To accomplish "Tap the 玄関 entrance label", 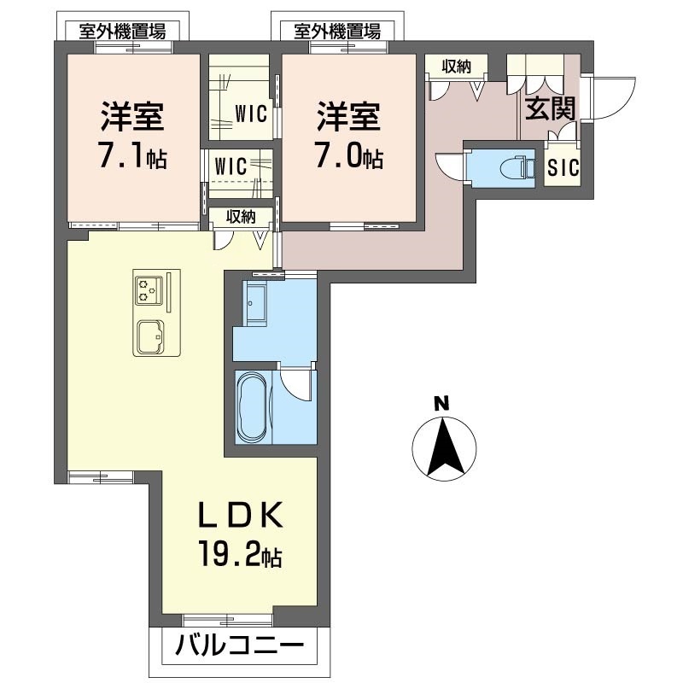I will tap(549, 108).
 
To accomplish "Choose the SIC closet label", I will tap(563, 168).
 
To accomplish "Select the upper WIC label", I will tap(253, 112).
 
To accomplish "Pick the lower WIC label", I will tap(231, 166).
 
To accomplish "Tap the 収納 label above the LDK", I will tap(241, 217).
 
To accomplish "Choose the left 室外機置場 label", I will tap(121, 32).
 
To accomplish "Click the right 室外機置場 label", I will tap(336, 32).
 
